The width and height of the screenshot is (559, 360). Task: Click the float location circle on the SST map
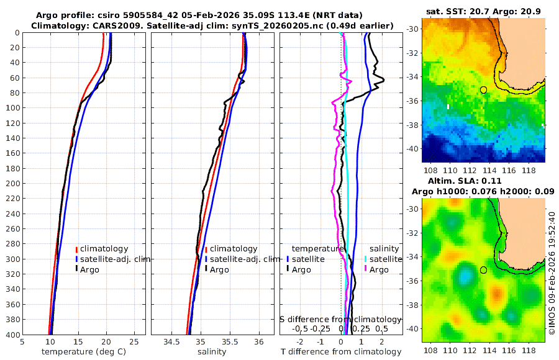tap(483, 90)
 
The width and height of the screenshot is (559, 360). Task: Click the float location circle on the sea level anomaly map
tap(483, 270)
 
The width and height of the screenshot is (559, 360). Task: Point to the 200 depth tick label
tap(12, 184)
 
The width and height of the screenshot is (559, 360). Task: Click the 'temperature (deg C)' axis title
tap(84, 352)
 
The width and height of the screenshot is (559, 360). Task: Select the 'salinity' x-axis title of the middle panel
tap(212, 352)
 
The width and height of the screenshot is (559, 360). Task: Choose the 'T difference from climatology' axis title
tap(341, 352)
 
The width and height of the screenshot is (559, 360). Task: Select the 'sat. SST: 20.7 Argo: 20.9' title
tap(483, 12)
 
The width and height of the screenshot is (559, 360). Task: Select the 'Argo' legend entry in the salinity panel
tap(219, 270)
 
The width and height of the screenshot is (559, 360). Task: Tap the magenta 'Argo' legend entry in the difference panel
tap(379, 270)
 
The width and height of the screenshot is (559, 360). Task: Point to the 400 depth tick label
tap(12, 335)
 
